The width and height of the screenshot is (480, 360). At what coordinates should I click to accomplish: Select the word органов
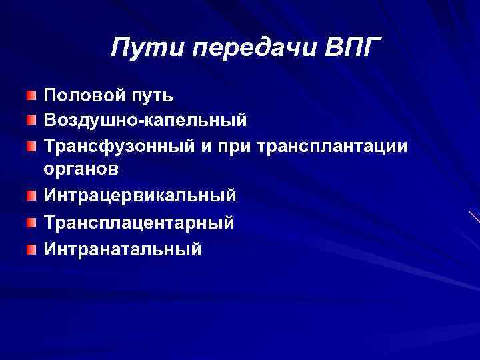pos(81,170)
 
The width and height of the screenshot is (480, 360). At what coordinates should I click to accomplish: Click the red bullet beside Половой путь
pos(32,97)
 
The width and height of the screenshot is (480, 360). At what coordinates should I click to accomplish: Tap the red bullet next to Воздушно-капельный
pos(32,121)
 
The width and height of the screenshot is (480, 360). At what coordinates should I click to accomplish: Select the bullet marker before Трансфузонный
pos(32,145)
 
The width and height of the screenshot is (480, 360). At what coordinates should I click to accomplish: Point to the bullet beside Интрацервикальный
pos(32,196)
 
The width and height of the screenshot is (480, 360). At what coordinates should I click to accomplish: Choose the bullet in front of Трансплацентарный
pos(32,223)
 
